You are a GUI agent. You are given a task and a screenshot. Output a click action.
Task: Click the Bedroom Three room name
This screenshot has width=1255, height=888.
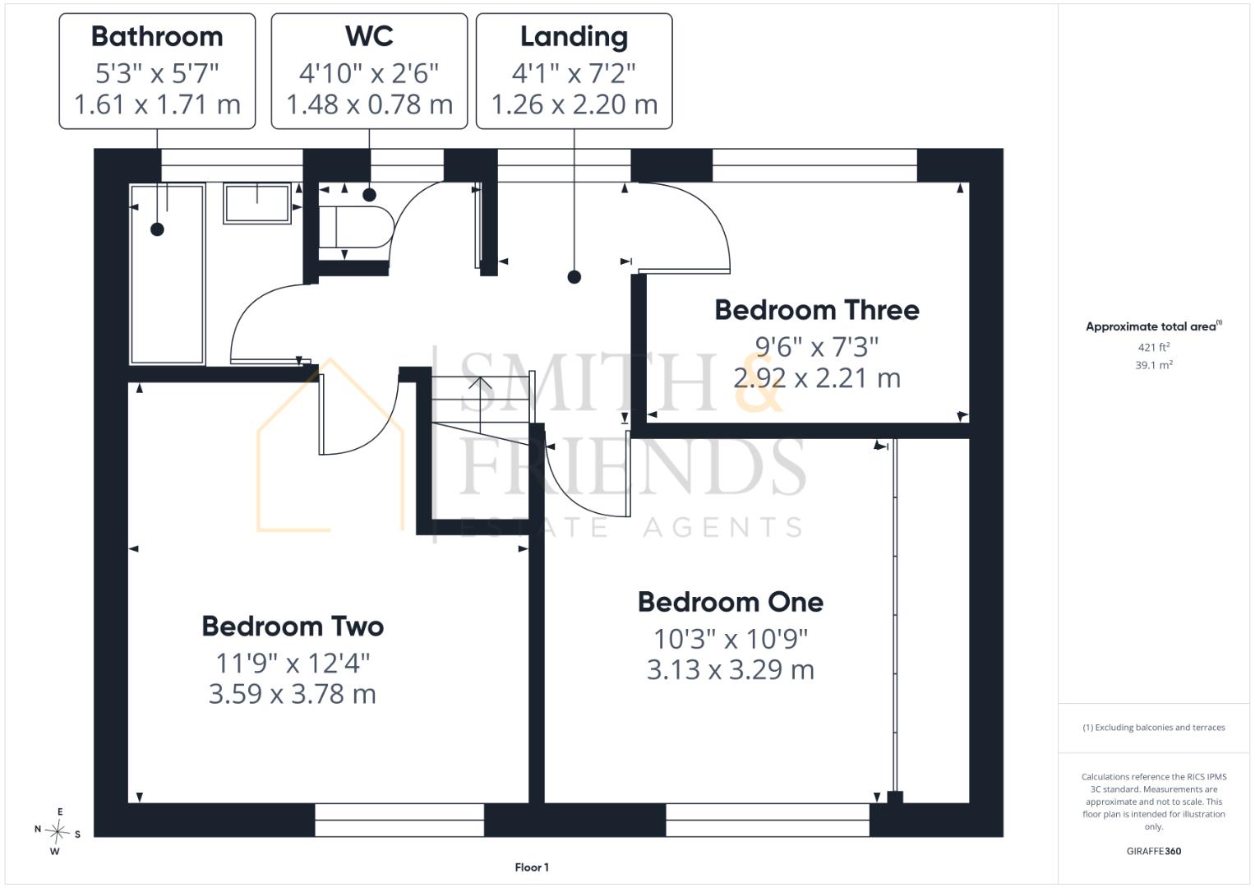tap(816, 310)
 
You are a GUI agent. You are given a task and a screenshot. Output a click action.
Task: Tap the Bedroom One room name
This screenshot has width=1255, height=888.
tap(731, 602)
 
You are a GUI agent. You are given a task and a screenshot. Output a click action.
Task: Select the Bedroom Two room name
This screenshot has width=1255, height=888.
tap(293, 627)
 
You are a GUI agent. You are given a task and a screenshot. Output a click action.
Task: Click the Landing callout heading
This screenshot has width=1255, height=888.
tap(574, 37)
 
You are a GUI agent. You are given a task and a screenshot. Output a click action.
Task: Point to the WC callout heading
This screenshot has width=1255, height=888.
tap(369, 36)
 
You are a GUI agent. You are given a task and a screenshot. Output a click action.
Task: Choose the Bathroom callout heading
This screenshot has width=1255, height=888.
tap(157, 36)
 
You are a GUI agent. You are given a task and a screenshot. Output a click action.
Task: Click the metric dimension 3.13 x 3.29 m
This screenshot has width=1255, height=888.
tap(730, 669)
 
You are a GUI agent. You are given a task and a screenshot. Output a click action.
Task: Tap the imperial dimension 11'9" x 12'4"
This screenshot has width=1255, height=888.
tap(293, 664)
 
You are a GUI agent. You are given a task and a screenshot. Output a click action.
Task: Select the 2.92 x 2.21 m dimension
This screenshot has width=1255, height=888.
tap(816, 378)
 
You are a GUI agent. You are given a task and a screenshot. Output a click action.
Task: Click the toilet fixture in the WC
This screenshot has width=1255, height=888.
tap(357, 226)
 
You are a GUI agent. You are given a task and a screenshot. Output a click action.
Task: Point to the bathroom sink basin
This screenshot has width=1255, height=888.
tap(257, 204)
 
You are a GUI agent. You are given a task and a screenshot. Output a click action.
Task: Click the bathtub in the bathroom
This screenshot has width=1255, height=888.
tap(167, 274)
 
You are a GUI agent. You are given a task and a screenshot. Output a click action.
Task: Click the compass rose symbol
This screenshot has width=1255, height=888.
tap(57, 831)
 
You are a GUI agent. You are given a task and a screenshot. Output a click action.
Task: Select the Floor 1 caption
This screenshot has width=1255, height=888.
tap(532, 867)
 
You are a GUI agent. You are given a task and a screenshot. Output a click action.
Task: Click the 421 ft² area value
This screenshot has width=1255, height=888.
tap(1153, 347)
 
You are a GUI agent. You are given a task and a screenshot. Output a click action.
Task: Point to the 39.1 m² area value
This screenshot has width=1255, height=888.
tap(1154, 365)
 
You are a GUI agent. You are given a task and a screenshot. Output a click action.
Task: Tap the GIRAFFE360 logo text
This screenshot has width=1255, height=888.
tap(1154, 851)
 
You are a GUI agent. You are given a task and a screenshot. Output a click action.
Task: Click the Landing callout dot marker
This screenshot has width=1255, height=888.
tap(574, 277)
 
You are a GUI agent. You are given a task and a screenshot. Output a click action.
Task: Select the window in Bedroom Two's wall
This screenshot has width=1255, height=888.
tap(399, 821)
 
